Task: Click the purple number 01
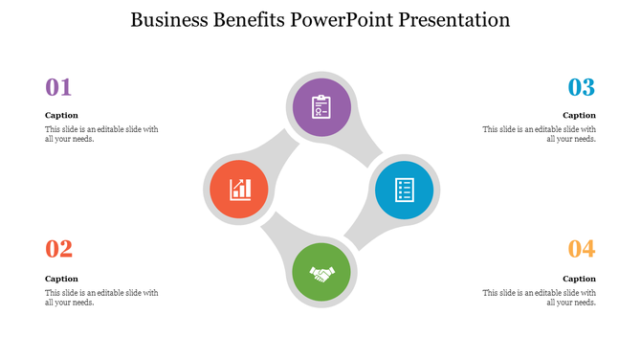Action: [x=59, y=87]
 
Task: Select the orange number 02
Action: [x=59, y=250]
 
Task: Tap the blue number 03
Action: [x=582, y=87]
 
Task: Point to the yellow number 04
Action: [x=582, y=250]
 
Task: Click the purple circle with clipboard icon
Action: [x=321, y=106]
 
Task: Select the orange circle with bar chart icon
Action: [x=239, y=189]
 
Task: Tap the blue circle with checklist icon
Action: [x=404, y=190]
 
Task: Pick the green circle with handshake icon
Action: [x=322, y=272]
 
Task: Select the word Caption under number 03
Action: [x=580, y=115]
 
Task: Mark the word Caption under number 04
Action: [x=580, y=279]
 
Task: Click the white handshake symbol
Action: [x=322, y=274]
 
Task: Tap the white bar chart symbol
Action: [x=240, y=189]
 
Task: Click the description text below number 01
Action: [x=101, y=134]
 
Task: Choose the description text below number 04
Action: [x=540, y=297]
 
